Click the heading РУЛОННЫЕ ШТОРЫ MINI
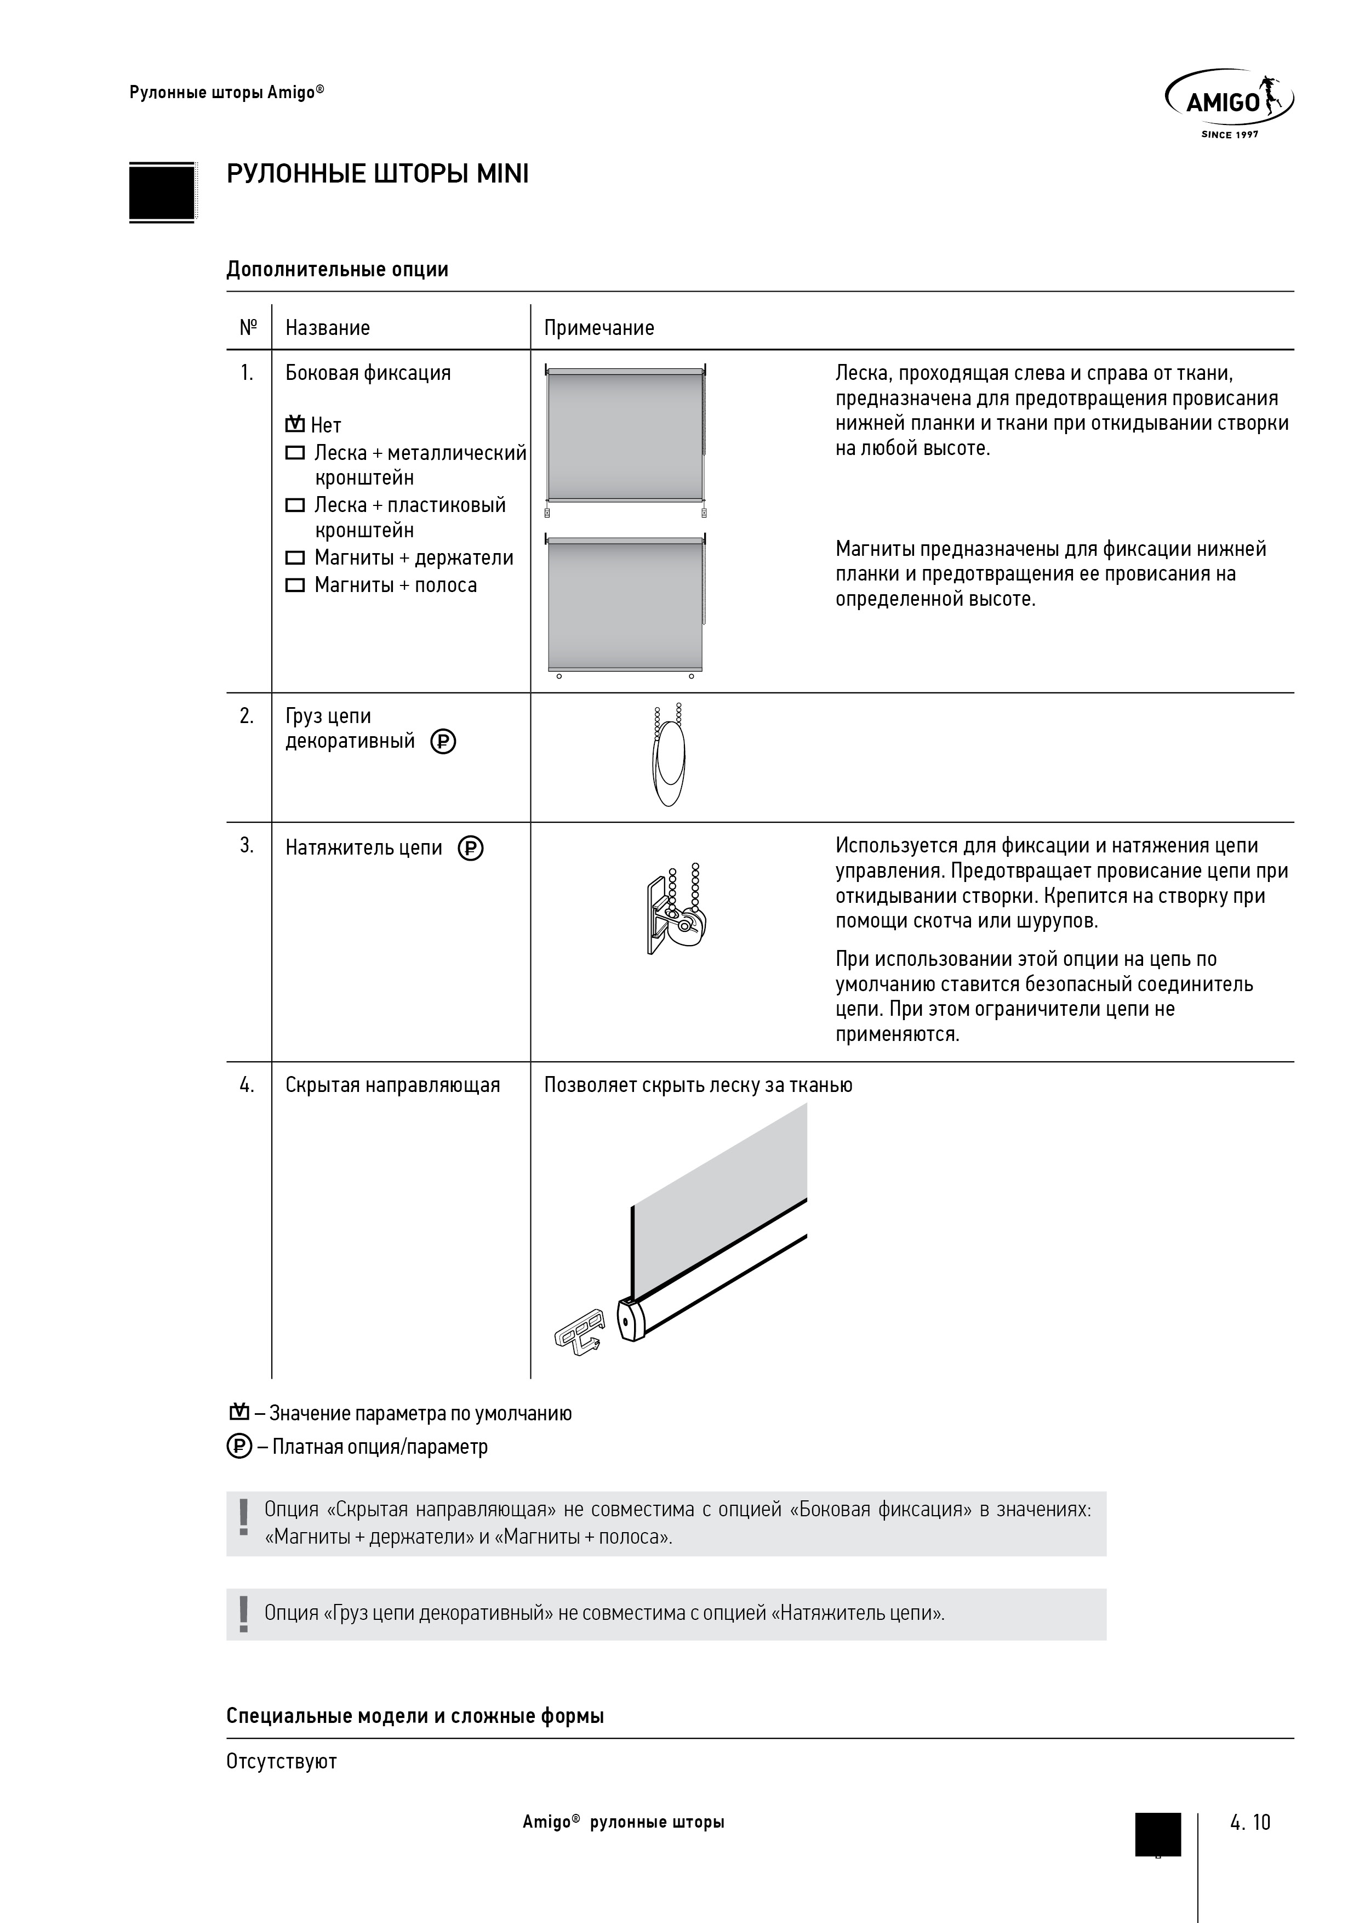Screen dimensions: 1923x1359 378,174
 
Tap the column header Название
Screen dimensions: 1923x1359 327,327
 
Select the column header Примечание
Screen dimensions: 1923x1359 599,327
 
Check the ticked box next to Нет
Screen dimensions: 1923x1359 295,424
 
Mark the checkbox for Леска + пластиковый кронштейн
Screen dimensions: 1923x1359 295,505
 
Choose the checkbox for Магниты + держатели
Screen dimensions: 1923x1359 295,558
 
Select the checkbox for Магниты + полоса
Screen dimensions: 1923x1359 295,585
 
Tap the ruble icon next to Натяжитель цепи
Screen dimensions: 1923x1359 471,849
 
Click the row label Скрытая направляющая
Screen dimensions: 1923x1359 393,1085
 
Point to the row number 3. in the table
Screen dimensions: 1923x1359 247,846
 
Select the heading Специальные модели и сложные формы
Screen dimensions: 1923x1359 415,1716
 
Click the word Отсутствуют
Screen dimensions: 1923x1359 281,1761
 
